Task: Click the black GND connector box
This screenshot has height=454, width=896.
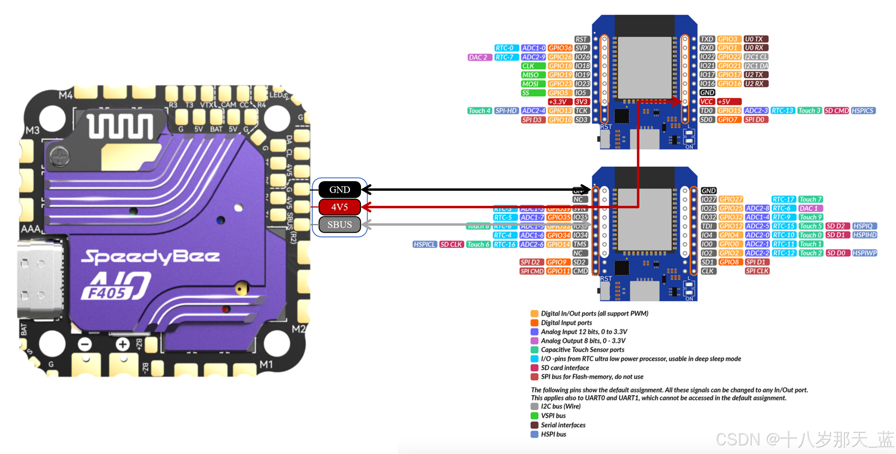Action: click(339, 190)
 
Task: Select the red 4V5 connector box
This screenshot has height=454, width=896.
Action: click(339, 207)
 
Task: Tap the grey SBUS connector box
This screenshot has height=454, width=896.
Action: click(339, 224)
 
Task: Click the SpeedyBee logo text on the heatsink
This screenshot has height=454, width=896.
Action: click(150, 257)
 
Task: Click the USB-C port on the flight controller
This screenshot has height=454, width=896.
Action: click(40, 279)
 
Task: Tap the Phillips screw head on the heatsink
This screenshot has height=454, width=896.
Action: click(60, 157)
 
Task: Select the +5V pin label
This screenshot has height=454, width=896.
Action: click(729, 102)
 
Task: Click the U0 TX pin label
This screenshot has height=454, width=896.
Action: click(756, 39)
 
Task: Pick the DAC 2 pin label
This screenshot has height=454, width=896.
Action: click(479, 57)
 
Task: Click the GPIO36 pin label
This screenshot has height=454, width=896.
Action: click(560, 48)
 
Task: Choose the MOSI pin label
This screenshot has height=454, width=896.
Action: click(532, 84)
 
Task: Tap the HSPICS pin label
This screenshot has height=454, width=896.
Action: click(863, 111)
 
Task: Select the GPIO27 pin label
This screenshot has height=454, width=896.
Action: click(731, 199)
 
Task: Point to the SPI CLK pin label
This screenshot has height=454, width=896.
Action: click(757, 271)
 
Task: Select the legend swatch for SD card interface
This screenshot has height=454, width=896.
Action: click(535, 368)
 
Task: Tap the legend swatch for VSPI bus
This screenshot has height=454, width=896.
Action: click(535, 416)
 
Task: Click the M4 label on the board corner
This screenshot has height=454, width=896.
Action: click(66, 95)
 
